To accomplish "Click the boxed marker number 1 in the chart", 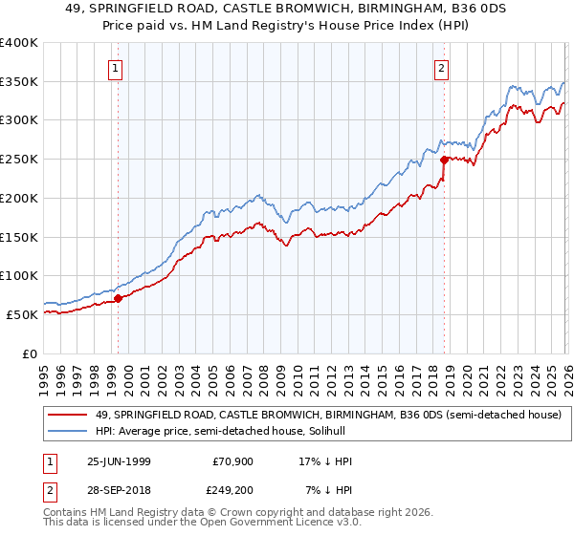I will (116, 68).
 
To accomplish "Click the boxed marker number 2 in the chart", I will (441, 68).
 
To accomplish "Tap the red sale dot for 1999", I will (119, 298).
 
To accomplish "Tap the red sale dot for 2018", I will (445, 160).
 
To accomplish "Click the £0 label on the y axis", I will (30, 353).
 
